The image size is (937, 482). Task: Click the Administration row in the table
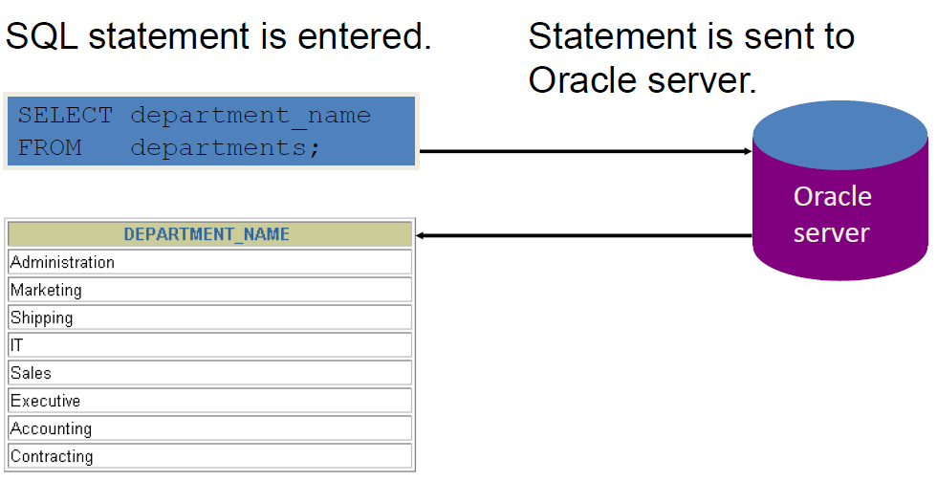(x=209, y=262)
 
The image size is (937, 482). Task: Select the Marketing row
(x=209, y=290)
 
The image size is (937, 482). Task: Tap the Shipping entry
(x=209, y=318)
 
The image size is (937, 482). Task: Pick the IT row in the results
(x=209, y=345)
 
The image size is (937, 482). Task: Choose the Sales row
(x=209, y=373)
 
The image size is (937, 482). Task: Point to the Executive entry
(x=209, y=401)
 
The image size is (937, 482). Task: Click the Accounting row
(x=209, y=428)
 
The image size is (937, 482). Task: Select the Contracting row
(x=209, y=456)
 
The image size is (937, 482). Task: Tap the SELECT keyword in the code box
(x=65, y=115)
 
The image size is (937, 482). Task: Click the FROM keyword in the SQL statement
(x=50, y=147)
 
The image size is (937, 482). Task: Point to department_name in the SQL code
(x=251, y=116)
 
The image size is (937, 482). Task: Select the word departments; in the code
(x=226, y=147)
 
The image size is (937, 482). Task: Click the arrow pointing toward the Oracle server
(x=585, y=151)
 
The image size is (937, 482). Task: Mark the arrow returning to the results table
(x=584, y=235)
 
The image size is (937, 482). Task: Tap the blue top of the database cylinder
(x=840, y=135)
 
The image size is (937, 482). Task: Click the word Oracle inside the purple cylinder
(x=833, y=197)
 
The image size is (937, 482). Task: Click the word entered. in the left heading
(x=364, y=36)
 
